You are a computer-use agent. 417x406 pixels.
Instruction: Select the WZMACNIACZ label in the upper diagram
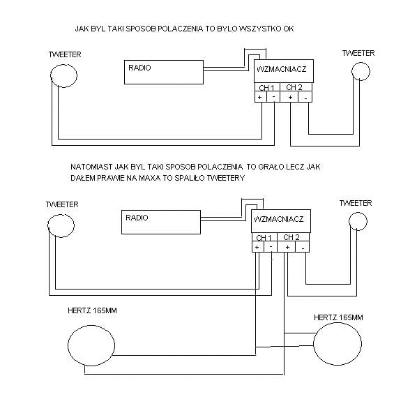tap(281, 69)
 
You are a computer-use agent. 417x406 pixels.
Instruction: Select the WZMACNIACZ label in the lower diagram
tap(279, 219)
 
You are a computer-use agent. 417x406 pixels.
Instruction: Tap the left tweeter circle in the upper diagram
tap(50, 75)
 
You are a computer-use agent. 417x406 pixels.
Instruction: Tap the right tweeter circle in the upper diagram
tap(352, 71)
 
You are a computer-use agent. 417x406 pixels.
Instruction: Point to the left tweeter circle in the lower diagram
tap(48, 225)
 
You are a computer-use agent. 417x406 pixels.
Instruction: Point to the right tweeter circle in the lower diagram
tap(349, 221)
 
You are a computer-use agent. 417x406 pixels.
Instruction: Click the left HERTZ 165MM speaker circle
tap(68, 345)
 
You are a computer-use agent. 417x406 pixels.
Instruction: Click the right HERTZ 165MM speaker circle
tap(314, 344)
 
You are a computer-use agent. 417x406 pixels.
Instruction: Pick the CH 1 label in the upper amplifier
tap(266, 88)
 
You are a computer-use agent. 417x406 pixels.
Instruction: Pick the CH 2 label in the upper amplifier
tap(294, 87)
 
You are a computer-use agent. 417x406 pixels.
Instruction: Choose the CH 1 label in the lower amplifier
tap(264, 238)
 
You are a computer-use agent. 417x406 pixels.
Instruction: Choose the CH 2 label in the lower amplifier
tap(291, 237)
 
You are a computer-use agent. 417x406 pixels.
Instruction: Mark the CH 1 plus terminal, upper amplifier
tap(260, 97)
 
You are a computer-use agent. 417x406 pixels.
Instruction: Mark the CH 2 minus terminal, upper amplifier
tap(306, 98)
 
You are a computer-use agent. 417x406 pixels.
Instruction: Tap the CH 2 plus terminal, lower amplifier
tap(287, 247)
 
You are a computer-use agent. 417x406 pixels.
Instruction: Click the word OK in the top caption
tap(289, 29)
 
